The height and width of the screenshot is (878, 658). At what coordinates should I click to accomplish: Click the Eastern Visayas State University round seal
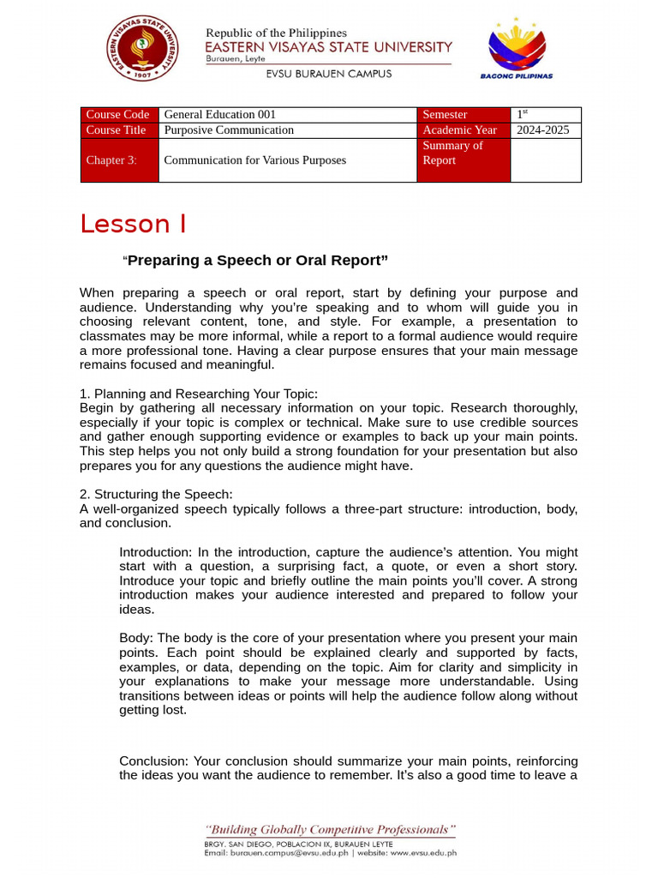tap(142, 49)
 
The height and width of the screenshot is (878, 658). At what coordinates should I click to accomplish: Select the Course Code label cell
tap(118, 115)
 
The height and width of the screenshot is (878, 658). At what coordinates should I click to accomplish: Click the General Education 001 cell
tap(220, 115)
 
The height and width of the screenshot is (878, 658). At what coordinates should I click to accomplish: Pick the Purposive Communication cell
tap(229, 130)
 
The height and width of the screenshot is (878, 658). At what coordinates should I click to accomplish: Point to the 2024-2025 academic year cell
tap(543, 130)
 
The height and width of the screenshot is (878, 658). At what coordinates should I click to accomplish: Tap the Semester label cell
tap(446, 115)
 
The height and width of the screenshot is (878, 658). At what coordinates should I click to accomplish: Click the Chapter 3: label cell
tap(111, 160)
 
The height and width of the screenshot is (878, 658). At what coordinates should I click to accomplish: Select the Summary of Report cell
tap(452, 153)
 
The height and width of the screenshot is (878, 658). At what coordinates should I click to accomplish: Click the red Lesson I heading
tap(133, 224)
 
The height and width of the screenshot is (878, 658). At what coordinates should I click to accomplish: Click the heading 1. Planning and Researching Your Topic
tap(199, 394)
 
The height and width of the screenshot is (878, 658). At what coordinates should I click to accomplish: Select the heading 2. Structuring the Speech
tap(156, 494)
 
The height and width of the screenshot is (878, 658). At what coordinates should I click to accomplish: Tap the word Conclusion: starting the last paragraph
tap(154, 761)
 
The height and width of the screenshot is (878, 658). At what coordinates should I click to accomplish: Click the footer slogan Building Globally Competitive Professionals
tap(330, 830)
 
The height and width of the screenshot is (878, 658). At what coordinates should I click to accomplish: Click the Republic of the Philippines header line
tap(276, 33)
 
